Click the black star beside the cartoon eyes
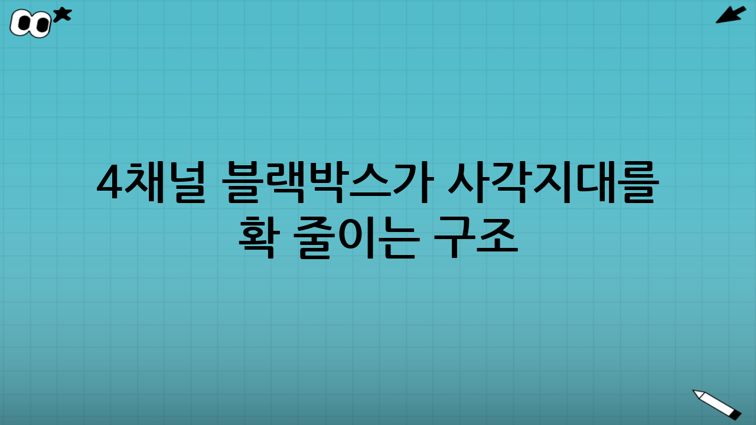62,14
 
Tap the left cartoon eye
24,23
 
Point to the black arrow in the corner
731,15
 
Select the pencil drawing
716,404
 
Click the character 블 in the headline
244,184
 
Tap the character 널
187,184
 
